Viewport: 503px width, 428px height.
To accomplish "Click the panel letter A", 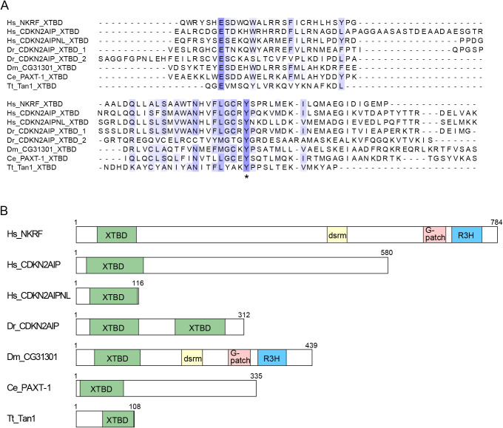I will [x=6, y=7].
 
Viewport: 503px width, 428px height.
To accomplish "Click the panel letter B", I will [x=6, y=209].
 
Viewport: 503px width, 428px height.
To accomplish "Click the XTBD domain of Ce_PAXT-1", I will [x=101, y=388].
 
